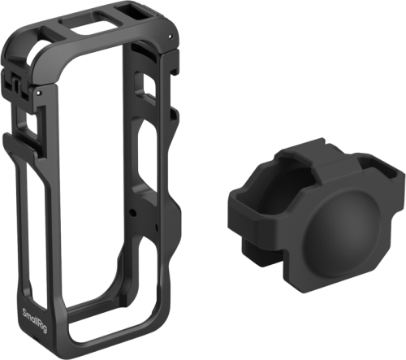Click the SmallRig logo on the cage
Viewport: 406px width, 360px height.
(34, 321)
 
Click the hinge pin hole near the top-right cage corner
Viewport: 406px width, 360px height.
(170, 36)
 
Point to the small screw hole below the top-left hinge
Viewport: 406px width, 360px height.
(38, 93)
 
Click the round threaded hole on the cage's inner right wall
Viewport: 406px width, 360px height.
(132, 212)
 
